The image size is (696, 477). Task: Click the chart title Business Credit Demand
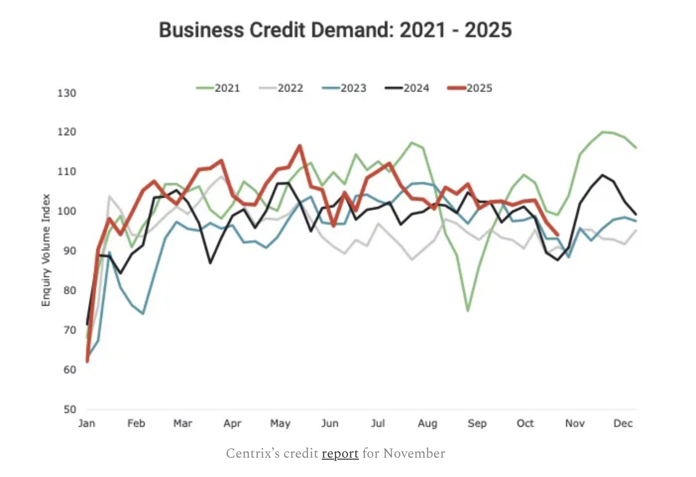[x=335, y=30]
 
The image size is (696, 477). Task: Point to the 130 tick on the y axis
[x=67, y=93]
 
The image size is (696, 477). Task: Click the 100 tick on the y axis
[x=67, y=211]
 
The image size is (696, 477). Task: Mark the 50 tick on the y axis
[x=70, y=410]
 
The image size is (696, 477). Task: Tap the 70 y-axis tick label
[x=70, y=330]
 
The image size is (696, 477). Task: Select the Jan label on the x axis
[x=87, y=423]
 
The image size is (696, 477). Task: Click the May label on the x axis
[x=280, y=423]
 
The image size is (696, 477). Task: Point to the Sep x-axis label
[x=477, y=423]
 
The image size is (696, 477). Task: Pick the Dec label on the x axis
[x=623, y=423]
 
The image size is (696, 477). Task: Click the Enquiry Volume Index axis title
[x=46, y=250]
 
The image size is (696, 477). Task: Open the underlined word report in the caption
[x=340, y=454]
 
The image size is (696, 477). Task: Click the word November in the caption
[x=414, y=454]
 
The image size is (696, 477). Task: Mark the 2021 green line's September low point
[x=467, y=311]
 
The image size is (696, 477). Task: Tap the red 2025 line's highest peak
[x=300, y=146]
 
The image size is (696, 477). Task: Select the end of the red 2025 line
[x=558, y=235]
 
